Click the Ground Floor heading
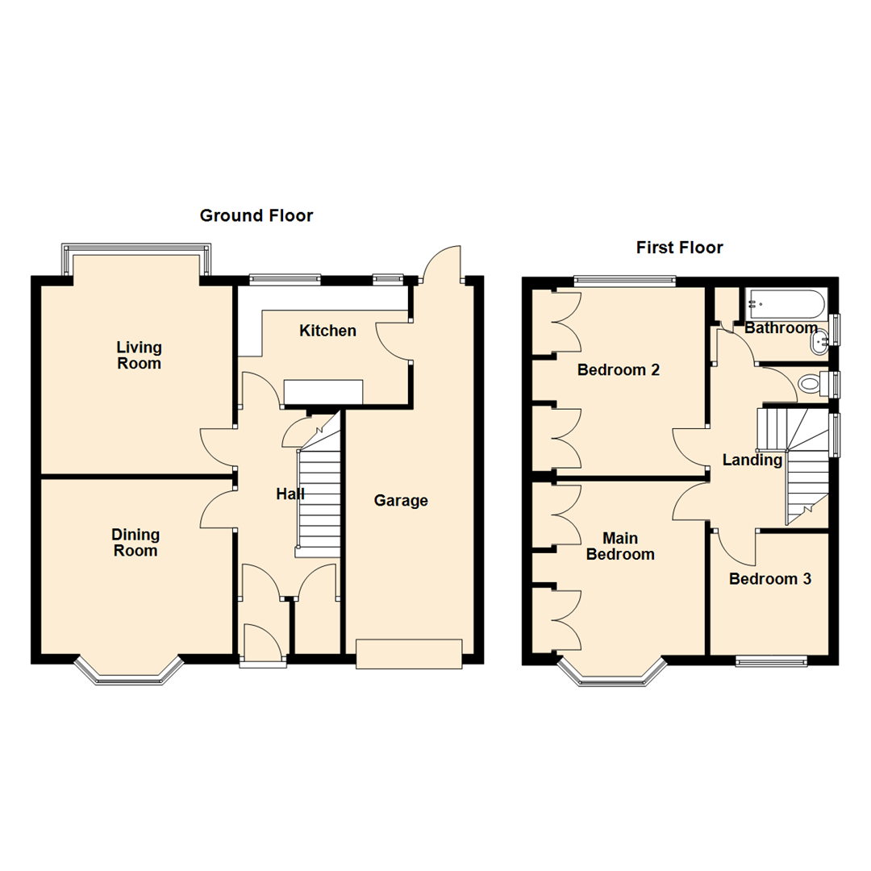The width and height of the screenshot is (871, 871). click(256, 215)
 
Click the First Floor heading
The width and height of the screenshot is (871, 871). click(679, 248)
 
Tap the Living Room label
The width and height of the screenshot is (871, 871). click(139, 356)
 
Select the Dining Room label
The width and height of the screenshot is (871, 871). click(135, 543)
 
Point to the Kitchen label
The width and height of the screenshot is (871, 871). click(327, 331)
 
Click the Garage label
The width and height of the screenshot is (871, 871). click(401, 501)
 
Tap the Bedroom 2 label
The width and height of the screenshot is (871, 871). click(619, 370)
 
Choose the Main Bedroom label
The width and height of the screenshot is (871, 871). click(620, 546)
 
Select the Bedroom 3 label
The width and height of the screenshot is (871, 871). click(770, 579)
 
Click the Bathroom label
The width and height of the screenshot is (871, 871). click(781, 327)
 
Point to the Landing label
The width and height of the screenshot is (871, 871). click(752, 460)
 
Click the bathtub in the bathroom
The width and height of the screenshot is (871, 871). click(786, 303)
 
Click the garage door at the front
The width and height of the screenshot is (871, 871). click(409, 654)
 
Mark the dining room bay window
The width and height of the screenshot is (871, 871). click(129, 671)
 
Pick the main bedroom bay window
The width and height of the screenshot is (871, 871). click(612, 672)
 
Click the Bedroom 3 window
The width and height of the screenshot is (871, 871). click(771, 661)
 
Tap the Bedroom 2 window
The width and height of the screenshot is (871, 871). click(624, 280)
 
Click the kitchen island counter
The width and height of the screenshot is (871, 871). click(323, 392)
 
